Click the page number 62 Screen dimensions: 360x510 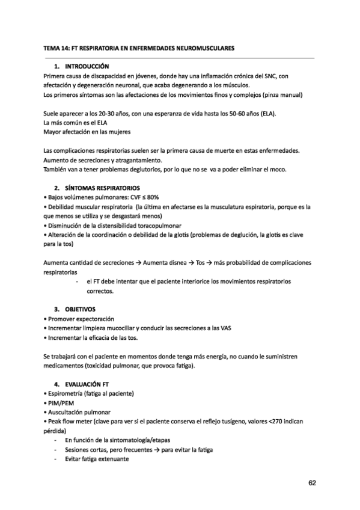(312, 482)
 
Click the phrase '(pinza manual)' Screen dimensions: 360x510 (281, 95)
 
